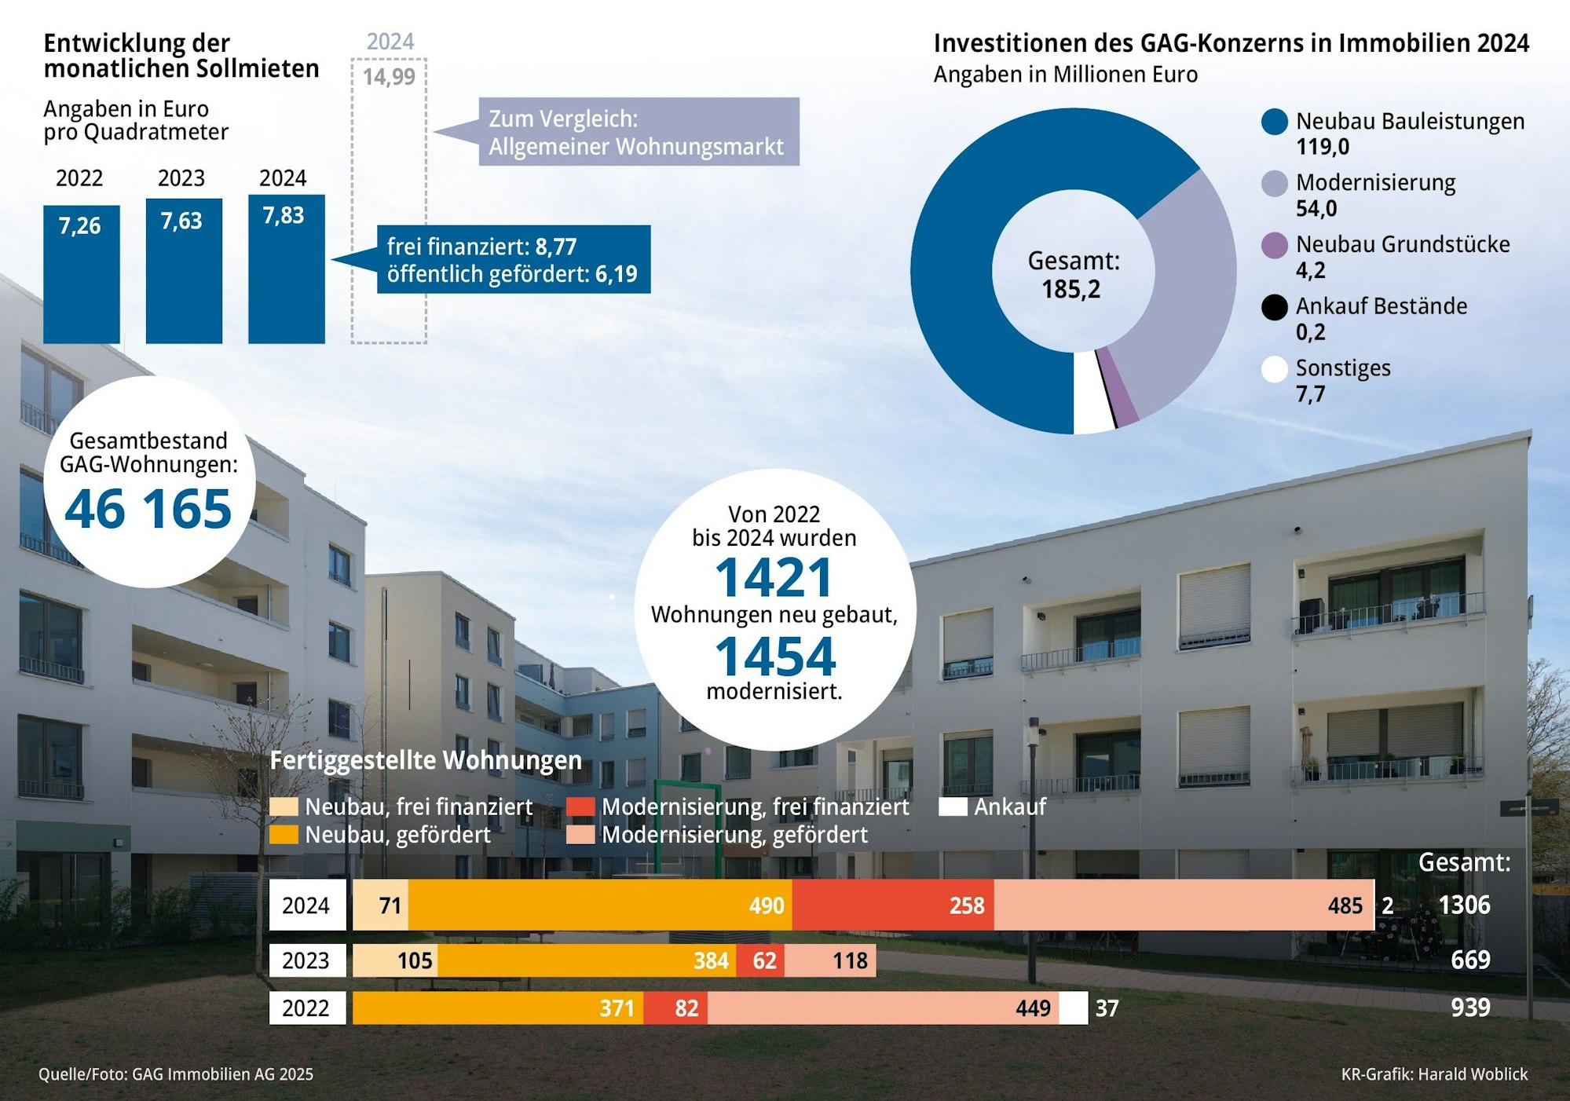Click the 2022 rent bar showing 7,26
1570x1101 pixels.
pos(81,274)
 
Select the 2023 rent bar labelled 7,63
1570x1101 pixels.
pos(184,271)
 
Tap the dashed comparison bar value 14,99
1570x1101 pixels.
pos(389,77)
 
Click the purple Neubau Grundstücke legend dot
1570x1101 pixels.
pos(1274,246)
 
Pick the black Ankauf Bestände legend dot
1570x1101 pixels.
pos(1274,307)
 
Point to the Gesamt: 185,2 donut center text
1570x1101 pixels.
pos(1073,275)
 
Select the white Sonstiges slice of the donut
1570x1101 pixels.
pos(1092,393)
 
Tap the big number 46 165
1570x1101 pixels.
pos(148,510)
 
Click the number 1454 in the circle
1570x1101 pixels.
pos(774,657)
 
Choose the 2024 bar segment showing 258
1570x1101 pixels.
pos(892,905)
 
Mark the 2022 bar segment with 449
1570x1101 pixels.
pos(882,1008)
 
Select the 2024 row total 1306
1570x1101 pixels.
pos(1464,905)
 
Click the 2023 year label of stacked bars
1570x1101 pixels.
pos(306,960)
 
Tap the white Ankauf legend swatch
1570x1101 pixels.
pos(953,807)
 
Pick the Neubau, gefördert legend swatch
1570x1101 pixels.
pos(284,835)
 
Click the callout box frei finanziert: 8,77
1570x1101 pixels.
pos(513,260)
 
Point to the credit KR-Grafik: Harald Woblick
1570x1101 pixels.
pos(1434,1074)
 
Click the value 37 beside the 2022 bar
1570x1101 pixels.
pos(1107,1008)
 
